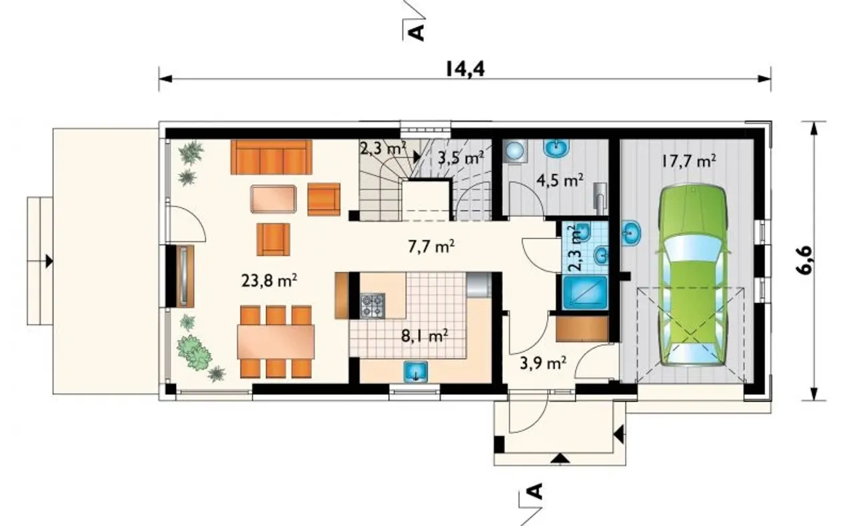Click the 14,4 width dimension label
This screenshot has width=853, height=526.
pyautogui.click(x=465, y=70)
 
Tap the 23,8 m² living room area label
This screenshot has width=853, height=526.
pyautogui.click(x=269, y=281)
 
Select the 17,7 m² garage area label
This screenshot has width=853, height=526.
pyautogui.click(x=688, y=161)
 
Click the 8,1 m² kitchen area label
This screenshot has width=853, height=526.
pyautogui.click(x=425, y=336)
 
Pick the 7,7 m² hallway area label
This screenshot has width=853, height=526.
pyautogui.click(x=431, y=246)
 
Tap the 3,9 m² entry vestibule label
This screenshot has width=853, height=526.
pyautogui.click(x=542, y=363)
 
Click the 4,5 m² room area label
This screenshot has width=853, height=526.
pyautogui.click(x=560, y=180)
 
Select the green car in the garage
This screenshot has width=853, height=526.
pyautogui.click(x=692, y=276)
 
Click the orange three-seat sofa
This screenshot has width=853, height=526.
pyautogui.click(x=271, y=157)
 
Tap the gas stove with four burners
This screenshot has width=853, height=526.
pyautogui.click(x=373, y=306)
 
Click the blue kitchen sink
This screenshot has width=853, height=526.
pyautogui.click(x=416, y=372)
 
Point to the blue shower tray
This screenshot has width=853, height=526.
pyautogui.click(x=585, y=292)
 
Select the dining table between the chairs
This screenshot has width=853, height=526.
pyautogui.click(x=276, y=342)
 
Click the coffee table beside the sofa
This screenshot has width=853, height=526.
pyautogui.click(x=273, y=198)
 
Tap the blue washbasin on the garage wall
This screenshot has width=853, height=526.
pyautogui.click(x=631, y=232)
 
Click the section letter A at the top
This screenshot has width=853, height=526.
pyautogui.click(x=417, y=33)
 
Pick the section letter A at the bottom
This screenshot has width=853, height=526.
pyautogui.click(x=535, y=491)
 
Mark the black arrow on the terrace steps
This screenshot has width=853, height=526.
pyautogui.click(x=49, y=261)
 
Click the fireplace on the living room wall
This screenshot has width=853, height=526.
pyautogui.click(x=185, y=276)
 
